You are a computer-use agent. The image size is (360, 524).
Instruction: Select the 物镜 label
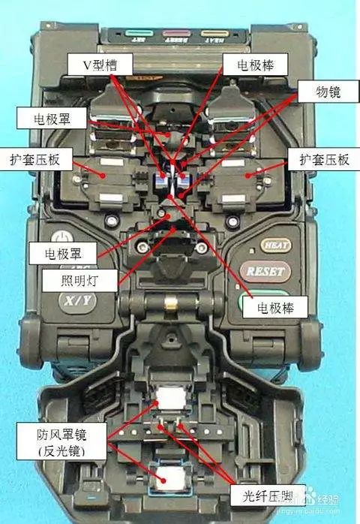(316, 91)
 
